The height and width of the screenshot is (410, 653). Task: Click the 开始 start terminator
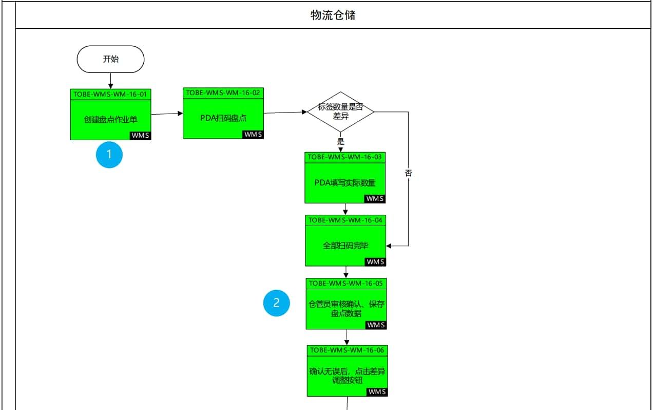(x=110, y=59)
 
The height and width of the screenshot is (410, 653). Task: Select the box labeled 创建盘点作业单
(x=110, y=119)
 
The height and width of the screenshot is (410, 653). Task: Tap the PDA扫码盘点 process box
(x=223, y=118)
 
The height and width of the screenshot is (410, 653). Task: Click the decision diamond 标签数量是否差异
(x=340, y=111)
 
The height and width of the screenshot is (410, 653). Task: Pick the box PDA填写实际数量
(x=345, y=182)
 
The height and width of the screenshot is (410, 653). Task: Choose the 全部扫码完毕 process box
(x=345, y=246)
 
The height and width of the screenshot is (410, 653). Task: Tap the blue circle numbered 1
(x=109, y=155)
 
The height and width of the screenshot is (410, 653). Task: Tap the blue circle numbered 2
(x=277, y=303)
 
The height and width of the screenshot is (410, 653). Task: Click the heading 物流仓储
(x=333, y=15)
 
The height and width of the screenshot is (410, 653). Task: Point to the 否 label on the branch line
(x=408, y=173)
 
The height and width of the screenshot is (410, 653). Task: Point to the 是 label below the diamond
(x=340, y=141)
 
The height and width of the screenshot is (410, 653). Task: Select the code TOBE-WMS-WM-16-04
(x=345, y=220)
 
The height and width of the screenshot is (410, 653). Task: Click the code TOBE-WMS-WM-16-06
(x=347, y=350)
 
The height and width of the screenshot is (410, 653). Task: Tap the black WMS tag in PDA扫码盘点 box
(x=253, y=134)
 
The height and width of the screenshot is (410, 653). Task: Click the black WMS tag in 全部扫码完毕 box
(x=375, y=262)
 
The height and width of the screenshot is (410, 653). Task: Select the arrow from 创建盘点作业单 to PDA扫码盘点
(x=167, y=114)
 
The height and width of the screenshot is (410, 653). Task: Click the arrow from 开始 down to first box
(x=110, y=81)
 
